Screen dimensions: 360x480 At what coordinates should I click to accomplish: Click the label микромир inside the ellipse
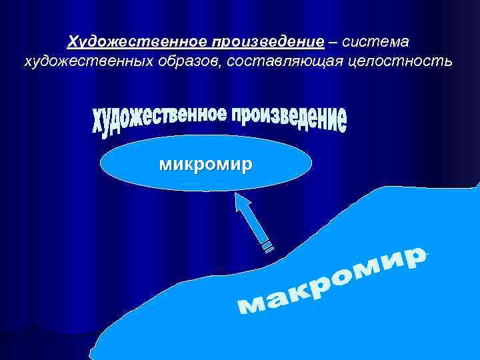pos(205,164)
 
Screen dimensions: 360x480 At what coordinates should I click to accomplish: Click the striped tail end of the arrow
pos(267,247)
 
